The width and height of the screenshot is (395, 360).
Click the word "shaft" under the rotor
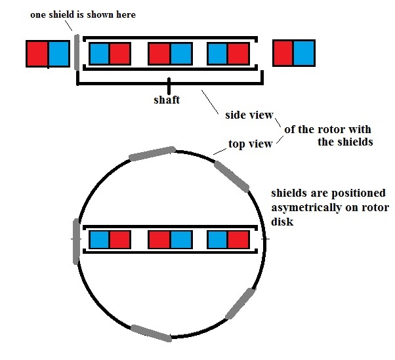tap(167, 100)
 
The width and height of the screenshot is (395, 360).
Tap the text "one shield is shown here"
tap(83, 14)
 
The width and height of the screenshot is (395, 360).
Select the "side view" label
tap(249, 115)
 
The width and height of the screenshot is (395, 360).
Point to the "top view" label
tap(251, 144)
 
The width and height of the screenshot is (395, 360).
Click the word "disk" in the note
tap(282, 222)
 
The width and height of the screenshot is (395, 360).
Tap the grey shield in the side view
tap(77, 52)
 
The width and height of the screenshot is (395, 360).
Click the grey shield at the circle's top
tap(152, 153)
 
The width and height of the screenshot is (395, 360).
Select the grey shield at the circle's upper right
tap(232, 176)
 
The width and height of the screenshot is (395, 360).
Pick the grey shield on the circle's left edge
tap(76, 242)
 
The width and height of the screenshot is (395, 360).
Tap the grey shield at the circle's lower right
tap(240, 304)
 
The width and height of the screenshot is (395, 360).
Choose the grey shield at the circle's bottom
tap(152, 333)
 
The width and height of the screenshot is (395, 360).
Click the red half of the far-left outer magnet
tap(37, 54)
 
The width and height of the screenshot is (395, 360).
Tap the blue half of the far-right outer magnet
tap(304, 53)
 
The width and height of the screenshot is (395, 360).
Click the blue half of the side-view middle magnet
tap(181, 54)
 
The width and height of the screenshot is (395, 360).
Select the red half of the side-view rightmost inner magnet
tap(238, 54)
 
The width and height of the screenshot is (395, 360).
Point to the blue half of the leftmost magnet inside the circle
tap(99, 239)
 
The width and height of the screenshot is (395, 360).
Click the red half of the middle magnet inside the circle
tap(159, 239)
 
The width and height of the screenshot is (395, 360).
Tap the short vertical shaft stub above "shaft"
tap(169, 87)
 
